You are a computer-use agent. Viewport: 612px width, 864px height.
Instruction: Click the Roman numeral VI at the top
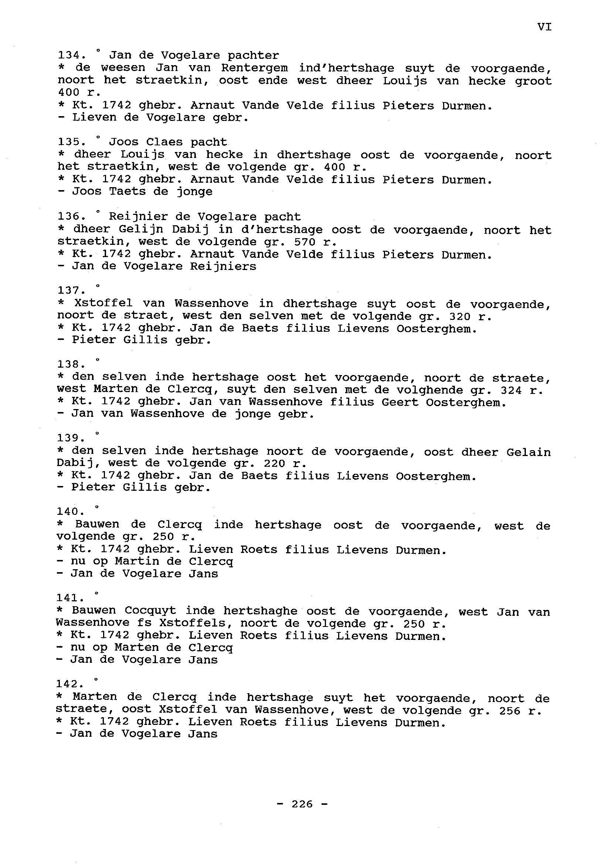pos(544,27)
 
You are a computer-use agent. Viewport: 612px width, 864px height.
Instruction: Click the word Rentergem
pos(254,68)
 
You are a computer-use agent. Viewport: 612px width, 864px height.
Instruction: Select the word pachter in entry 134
pos(253,55)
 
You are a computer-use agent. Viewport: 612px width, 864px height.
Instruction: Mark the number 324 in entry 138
pos(511,390)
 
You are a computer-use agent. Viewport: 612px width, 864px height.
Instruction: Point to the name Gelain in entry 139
pos(528,452)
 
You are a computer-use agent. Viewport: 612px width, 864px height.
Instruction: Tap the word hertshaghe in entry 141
pos(261,611)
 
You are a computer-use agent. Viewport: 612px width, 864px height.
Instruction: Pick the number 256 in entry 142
pos(510,711)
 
